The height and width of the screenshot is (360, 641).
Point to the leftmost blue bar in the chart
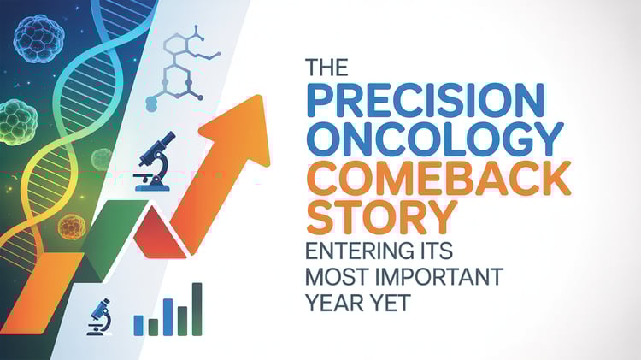pyautogui.click(x=138, y=324)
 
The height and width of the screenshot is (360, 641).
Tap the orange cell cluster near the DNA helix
pyautogui.click(x=71, y=227)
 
